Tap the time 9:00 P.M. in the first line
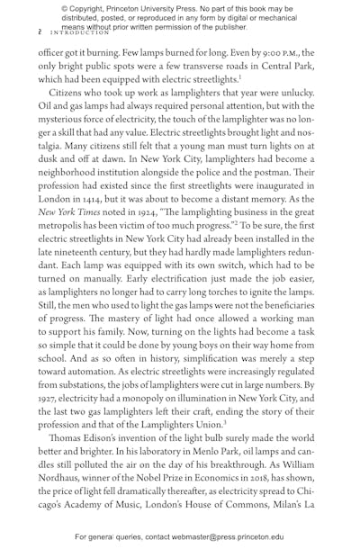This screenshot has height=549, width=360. tap(276, 51)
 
